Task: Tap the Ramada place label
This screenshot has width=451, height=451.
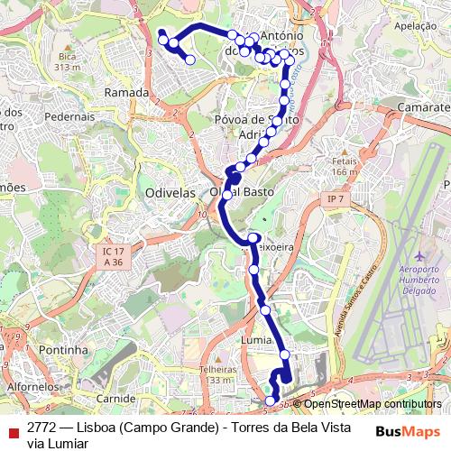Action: coord(126,93)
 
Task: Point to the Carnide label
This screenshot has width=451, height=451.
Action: coord(115,397)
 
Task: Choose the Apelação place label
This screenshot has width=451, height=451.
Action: coord(416,28)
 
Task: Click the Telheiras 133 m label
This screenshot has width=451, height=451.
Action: coord(217,374)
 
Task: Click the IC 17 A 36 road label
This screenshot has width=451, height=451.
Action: coord(112,256)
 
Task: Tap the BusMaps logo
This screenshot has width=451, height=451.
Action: coord(408,430)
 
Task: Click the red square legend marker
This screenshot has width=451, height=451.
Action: coord(12,430)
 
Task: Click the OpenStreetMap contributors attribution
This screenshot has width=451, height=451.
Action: coord(373,404)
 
